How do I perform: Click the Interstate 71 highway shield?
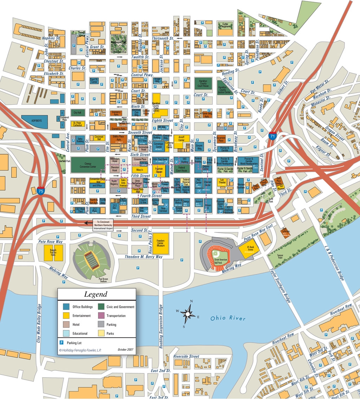point(272,135)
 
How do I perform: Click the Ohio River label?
point(227,318)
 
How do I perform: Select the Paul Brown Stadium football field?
point(91,261)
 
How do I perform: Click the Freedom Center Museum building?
point(161,243)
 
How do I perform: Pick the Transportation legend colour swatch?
point(102,316)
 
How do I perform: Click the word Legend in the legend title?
point(96,295)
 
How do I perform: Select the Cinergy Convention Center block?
point(88,165)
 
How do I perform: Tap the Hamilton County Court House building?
point(203,84)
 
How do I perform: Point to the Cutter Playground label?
point(225,25)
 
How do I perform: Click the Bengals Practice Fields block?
point(53,252)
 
